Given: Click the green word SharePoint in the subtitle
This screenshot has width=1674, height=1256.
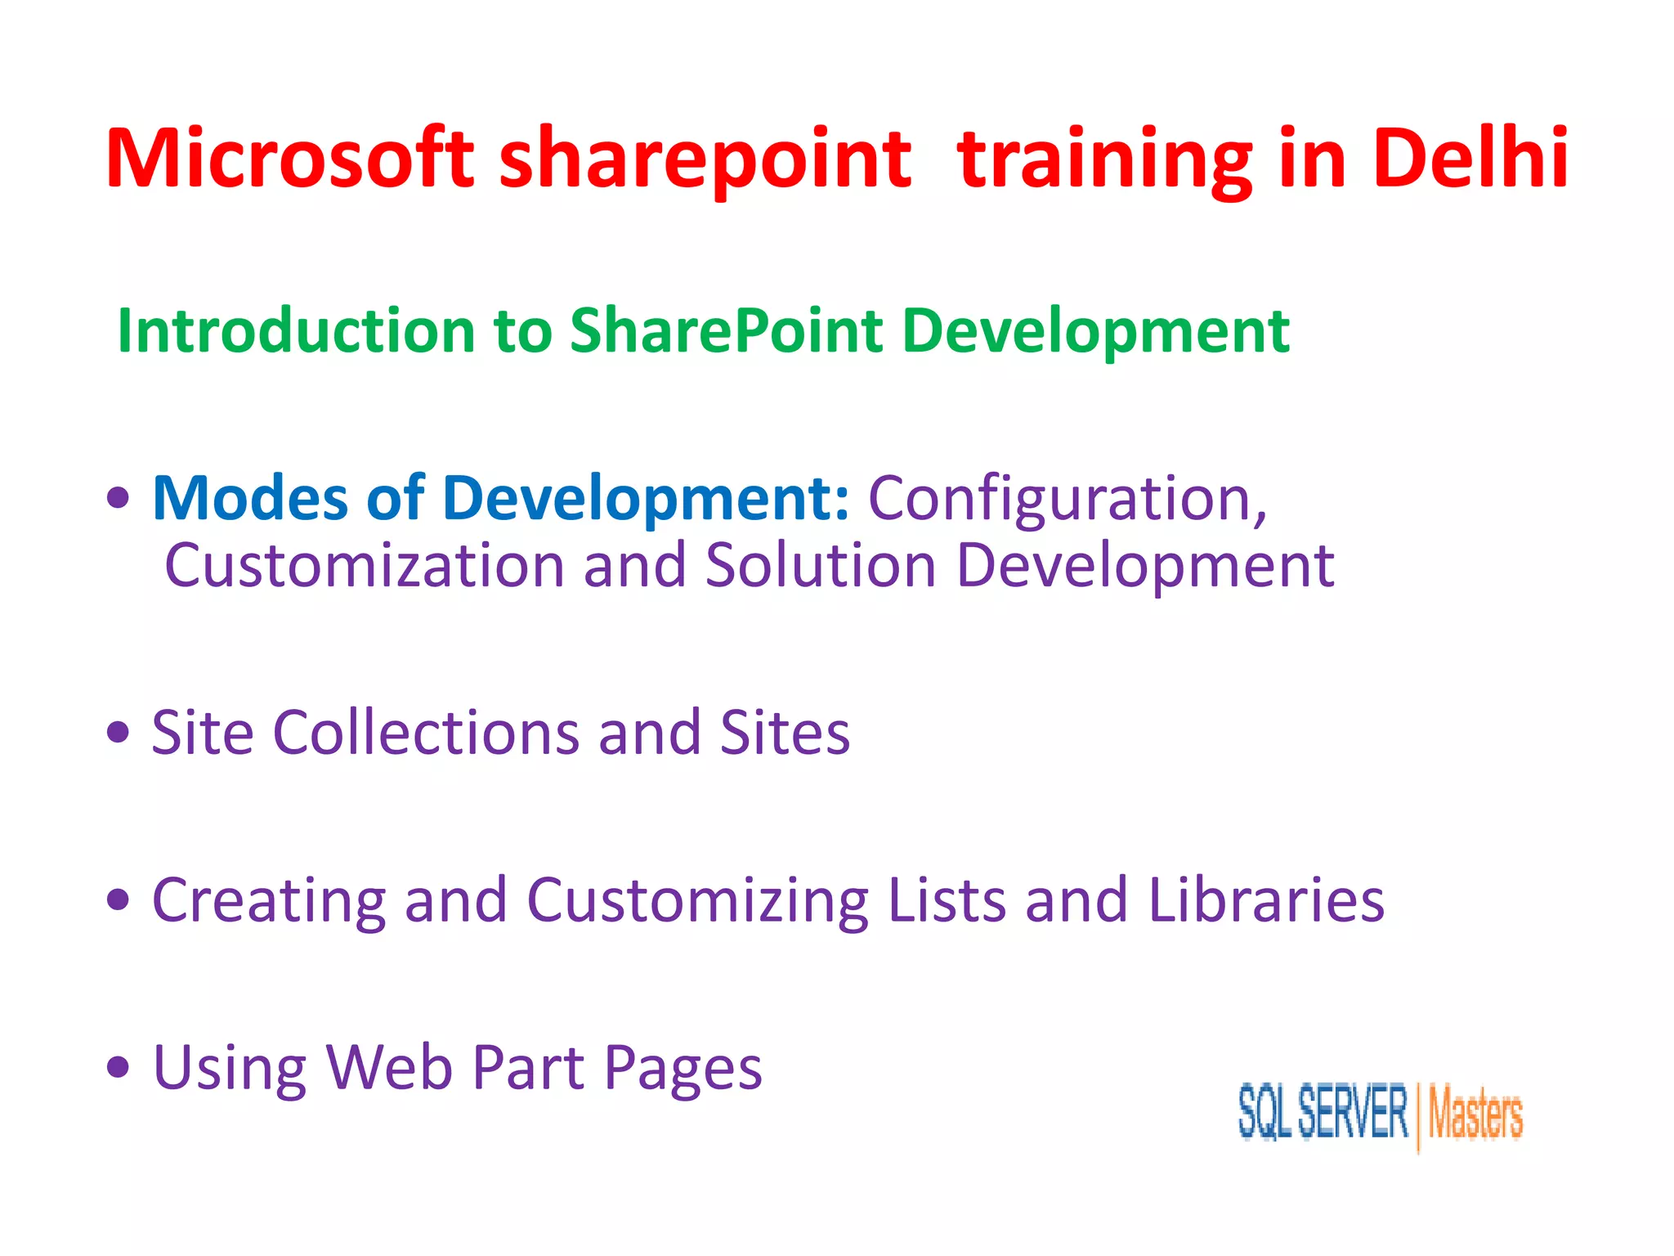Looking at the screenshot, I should coord(726,331).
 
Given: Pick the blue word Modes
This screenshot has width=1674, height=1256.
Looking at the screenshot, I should coord(250,498).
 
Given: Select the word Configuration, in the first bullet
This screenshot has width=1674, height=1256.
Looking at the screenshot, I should coord(1067,500).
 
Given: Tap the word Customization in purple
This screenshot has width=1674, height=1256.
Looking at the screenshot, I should coord(365,566).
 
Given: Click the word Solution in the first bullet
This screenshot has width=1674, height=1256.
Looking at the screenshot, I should coord(820,566).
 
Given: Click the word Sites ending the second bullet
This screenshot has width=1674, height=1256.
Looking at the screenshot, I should coord(785,732).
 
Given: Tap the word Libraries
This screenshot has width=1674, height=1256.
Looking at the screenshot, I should coord(1266,899).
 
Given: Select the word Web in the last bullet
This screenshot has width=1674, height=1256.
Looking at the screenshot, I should coord(389,1068).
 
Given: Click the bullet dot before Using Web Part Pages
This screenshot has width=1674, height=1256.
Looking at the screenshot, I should coord(119,1067).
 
